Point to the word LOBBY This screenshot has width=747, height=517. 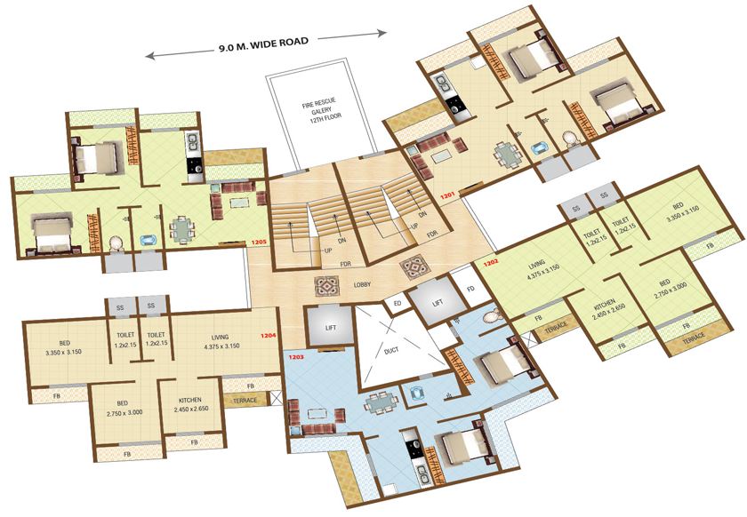pos(363,284)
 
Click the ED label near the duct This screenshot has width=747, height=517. pos(398,304)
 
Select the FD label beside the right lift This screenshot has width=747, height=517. pos(470,288)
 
